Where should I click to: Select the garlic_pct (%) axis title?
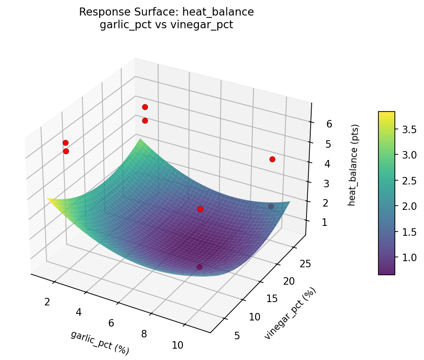click(x=100, y=343)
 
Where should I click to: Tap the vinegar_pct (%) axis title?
click(x=290, y=313)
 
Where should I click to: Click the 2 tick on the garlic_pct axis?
click(x=47, y=302)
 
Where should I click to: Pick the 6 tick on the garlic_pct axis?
click(x=111, y=323)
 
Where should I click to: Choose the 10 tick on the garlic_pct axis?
click(x=177, y=345)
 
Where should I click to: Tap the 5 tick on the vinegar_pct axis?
click(x=237, y=335)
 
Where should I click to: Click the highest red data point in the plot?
click(x=145, y=107)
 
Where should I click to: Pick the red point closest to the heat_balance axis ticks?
click(x=272, y=159)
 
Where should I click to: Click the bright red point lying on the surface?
click(x=200, y=209)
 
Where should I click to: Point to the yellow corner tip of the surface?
click(x=48, y=199)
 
